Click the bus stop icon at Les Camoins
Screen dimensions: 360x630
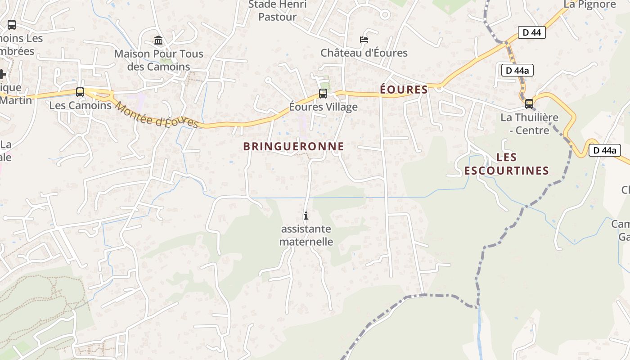tap(80, 92)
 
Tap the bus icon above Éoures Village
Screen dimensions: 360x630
tap(323, 94)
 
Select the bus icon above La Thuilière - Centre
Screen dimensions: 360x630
tap(529, 104)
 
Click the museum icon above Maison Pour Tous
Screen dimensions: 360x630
tap(158, 40)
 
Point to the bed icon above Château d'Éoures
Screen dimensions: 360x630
tap(364, 40)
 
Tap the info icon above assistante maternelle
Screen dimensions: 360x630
tap(306, 216)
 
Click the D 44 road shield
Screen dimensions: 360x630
tap(531, 32)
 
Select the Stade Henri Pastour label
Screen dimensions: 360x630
tap(278, 11)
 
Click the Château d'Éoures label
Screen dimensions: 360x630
tap(364, 53)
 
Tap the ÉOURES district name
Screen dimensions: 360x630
tap(404, 90)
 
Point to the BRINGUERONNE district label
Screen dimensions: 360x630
tap(293, 146)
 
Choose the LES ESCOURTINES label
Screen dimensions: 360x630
tap(507, 164)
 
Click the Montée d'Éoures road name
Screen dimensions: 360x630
tap(157, 115)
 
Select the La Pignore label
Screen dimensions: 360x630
tap(589, 4)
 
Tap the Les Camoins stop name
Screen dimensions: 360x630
tap(80, 105)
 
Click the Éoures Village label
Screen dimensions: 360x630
tap(323, 107)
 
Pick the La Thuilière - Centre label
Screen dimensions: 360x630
tap(529, 124)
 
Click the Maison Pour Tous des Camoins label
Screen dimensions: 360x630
tap(158, 60)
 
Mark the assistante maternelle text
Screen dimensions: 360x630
tap(306, 235)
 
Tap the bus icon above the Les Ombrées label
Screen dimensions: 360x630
tap(12, 25)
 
